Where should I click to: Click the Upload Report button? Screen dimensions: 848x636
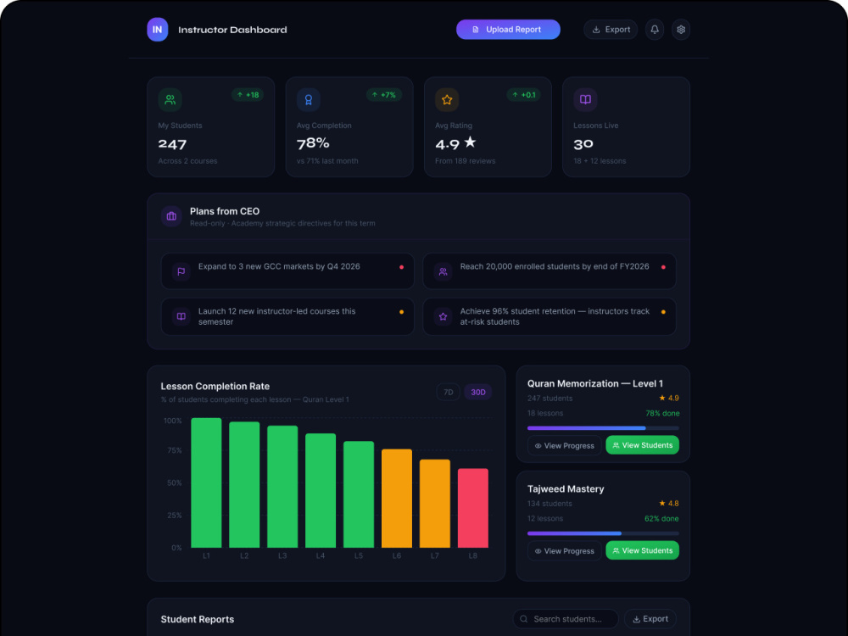508,30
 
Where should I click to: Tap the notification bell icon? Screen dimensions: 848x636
655,30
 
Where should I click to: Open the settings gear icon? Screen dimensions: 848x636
681,30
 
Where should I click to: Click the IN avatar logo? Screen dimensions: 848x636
158,30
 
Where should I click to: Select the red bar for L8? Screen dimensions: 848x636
472,508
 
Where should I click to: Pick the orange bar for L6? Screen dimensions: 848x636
396,498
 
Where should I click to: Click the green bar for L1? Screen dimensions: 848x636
206,483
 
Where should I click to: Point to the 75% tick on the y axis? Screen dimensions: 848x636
174,450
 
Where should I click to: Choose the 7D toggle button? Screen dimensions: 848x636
449,392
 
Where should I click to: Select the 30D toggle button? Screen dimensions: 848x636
478,392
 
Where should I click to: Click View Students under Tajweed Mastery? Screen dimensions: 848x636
643,550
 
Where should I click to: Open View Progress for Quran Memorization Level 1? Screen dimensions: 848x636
564,446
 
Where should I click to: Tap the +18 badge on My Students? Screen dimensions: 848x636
248,95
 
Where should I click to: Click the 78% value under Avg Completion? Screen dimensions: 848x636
313,143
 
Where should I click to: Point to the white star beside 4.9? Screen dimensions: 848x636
470,142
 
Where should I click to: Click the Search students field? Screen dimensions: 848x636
566,619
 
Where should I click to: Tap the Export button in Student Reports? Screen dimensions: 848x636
650,619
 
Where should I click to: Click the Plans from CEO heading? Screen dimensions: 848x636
225,211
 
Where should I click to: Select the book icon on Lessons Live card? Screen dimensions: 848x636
585,99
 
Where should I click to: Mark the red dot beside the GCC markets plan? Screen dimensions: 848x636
401,267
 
